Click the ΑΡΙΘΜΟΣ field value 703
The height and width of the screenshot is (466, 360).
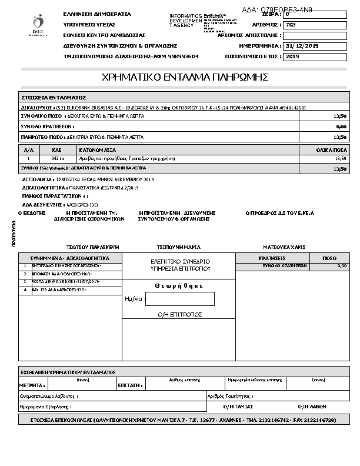[291, 25]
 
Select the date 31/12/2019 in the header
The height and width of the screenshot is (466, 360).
[301, 45]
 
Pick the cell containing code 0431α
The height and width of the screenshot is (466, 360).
[58, 158]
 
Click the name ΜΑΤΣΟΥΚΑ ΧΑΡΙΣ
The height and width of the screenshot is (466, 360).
[284, 247]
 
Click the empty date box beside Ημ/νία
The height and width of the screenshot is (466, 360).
[179, 299]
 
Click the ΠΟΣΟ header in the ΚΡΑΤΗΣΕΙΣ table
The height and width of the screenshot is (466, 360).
[329, 258]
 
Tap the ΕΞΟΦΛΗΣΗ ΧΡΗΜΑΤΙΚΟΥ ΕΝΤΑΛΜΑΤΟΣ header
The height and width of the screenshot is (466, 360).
[68, 372]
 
